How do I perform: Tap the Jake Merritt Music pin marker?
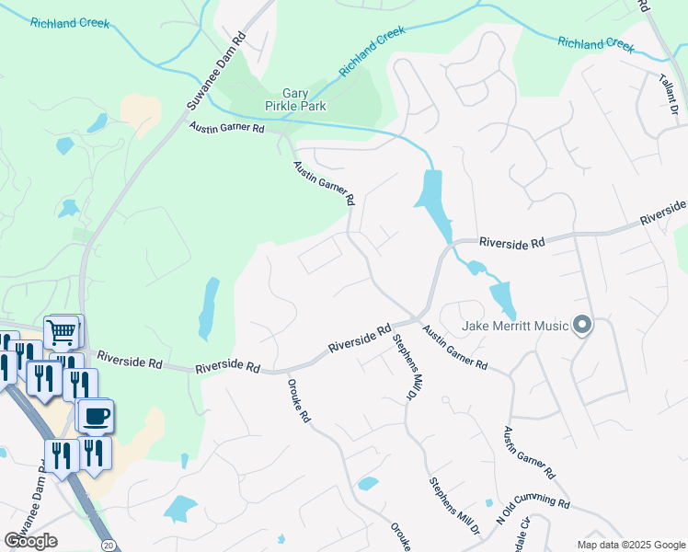581,325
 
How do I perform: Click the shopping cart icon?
62,330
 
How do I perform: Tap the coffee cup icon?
95,415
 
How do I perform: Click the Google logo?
31,540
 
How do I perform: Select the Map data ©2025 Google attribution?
630,545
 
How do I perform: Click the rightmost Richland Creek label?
595,43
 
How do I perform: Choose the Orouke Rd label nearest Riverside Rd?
299,401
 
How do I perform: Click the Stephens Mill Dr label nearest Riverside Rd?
402,366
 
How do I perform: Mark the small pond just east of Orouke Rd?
368,483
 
